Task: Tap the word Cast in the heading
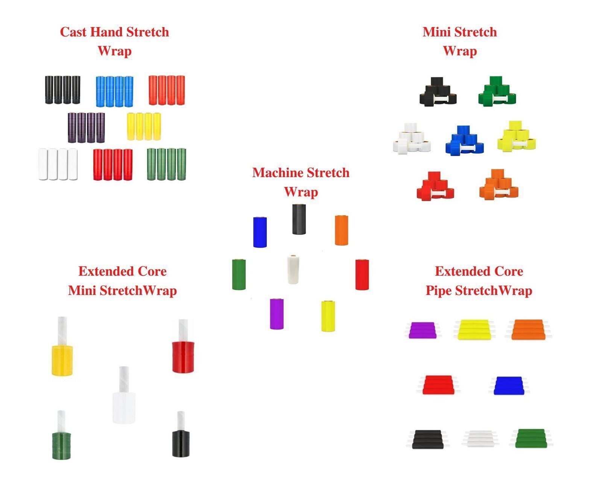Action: tap(73, 32)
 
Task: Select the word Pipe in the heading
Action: tap(439, 291)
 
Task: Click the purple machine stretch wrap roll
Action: tap(277, 314)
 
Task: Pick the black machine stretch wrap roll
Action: tap(299, 219)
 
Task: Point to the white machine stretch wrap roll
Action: tap(293, 269)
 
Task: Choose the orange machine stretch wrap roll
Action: tap(342, 230)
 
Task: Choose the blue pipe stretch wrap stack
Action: tap(508, 386)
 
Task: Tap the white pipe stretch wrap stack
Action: tap(480, 439)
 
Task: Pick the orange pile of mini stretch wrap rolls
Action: tap(499, 185)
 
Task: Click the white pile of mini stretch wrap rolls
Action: tap(412, 138)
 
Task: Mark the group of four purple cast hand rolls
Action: tap(87, 128)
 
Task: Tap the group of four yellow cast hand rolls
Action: tap(144, 127)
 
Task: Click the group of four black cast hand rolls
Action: tap(63, 90)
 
